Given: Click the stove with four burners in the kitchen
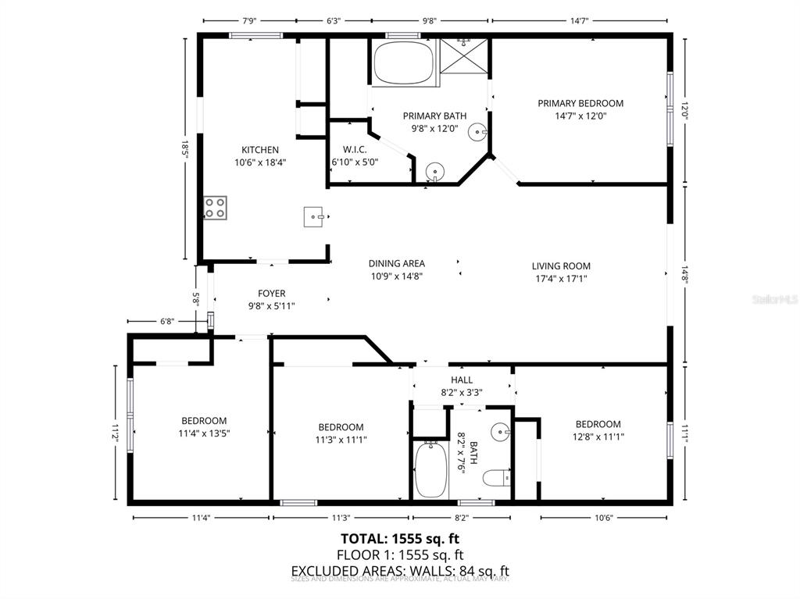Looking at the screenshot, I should (x=216, y=208).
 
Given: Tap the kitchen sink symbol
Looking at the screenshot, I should (x=314, y=216).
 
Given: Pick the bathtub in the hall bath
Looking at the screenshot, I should (x=430, y=469).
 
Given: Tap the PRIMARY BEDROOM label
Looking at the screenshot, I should (x=580, y=103).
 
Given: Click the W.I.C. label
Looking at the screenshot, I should (x=355, y=149).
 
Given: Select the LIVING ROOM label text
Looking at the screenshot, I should (x=561, y=266).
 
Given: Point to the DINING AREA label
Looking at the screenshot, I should (x=397, y=264).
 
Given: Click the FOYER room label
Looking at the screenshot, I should (x=271, y=294).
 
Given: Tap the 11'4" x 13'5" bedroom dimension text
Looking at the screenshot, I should (x=204, y=433).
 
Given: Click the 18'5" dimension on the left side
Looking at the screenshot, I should (x=186, y=147).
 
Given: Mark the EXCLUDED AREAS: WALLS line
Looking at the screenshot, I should (x=399, y=571).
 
